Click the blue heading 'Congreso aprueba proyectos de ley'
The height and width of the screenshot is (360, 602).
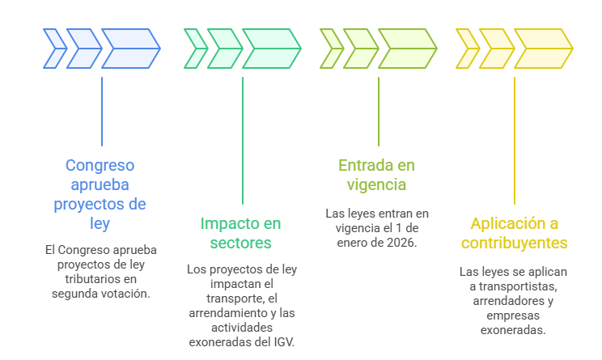pos(100,194)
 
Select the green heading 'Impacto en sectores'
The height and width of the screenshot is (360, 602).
pos(241,232)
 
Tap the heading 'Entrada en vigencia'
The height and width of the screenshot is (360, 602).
pos(376,175)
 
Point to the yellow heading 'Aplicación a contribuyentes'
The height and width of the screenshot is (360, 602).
pos(515,232)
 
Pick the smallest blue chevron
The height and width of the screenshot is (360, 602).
pos(55,48)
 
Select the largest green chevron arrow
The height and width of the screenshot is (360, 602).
pos(271,48)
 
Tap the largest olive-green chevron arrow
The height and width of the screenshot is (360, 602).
pos(407,48)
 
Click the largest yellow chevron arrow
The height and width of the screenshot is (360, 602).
pos(543,48)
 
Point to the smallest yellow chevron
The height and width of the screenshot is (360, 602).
pos(467,48)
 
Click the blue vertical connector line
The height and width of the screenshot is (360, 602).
pos(102,111)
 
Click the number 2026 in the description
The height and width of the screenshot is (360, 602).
pos(401,242)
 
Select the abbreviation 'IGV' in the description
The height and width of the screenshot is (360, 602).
pos(282,342)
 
